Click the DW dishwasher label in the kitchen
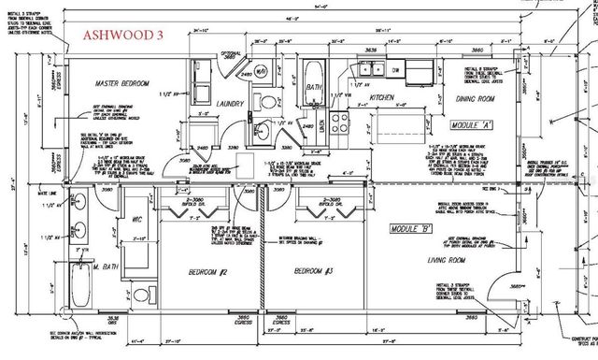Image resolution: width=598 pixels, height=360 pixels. (396, 69)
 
